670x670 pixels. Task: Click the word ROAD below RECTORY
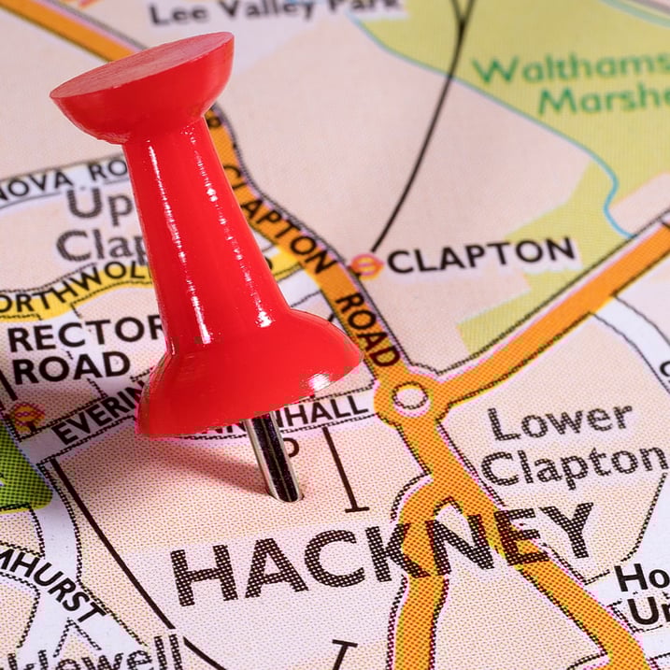(70, 367)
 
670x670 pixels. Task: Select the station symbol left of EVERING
(25, 412)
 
